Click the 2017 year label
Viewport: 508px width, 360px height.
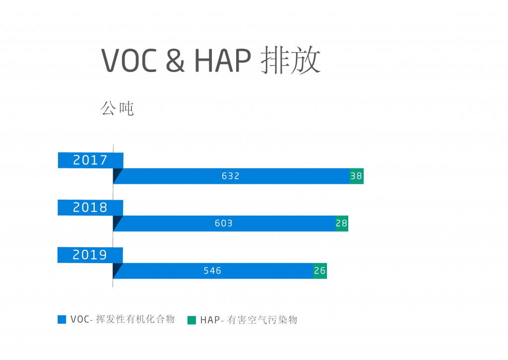pos(90,160)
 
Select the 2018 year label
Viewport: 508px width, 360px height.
pos(90,208)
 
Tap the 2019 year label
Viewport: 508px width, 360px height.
pos(90,255)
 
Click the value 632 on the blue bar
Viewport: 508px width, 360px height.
pos(230,176)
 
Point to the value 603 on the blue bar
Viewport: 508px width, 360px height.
pos(224,223)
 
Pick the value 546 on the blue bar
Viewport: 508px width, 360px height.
pos(212,271)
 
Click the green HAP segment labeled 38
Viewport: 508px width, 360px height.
pos(356,176)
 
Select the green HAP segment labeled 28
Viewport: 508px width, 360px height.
pos(342,223)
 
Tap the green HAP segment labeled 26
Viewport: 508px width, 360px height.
pos(320,271)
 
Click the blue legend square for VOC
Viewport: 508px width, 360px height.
pos(62,319)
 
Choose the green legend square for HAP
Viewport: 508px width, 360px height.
pos(192,320)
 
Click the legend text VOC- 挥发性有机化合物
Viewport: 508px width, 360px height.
pos(123,319)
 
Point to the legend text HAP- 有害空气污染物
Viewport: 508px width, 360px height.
pos(249,320)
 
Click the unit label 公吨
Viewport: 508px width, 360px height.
pos(117,108)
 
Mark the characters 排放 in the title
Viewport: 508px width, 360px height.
pos(291,60)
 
